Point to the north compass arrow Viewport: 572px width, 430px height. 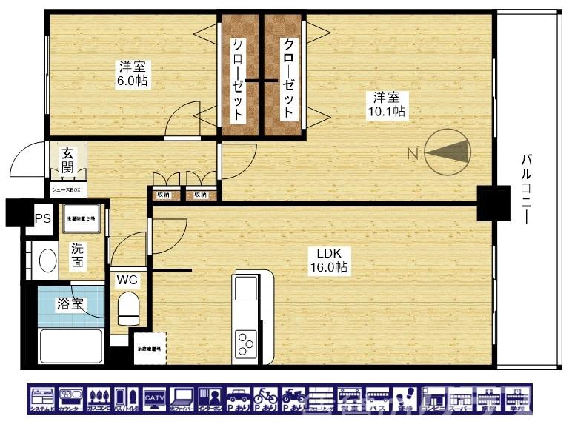[445, 152]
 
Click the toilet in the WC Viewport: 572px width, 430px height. [129, 308]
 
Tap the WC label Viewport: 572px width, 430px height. [128, 280]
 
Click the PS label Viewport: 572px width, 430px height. [42, 218]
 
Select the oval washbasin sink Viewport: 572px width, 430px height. [48, 261]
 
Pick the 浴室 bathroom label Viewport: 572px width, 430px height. [70, 303]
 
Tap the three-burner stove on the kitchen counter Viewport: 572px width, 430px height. [245, 343]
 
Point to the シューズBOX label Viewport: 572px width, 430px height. [67, 189]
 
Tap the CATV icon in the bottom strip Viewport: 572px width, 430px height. [155, 399]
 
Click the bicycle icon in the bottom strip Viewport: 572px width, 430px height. [265, 399]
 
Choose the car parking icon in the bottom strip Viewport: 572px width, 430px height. [238, 399]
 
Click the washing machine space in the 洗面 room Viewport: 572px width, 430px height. [82, 219]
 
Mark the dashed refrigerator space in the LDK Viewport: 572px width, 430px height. [149, 349]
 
